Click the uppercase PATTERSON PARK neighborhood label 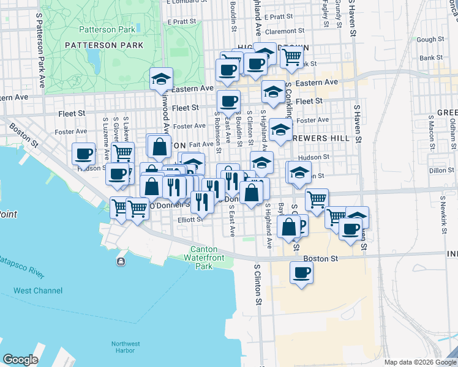(104, 45)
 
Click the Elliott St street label (190, 220)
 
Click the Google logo (20, 359)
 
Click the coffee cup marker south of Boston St (301, 273)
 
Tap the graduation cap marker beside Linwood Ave (162, 78)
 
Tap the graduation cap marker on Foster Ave (280, 130)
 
